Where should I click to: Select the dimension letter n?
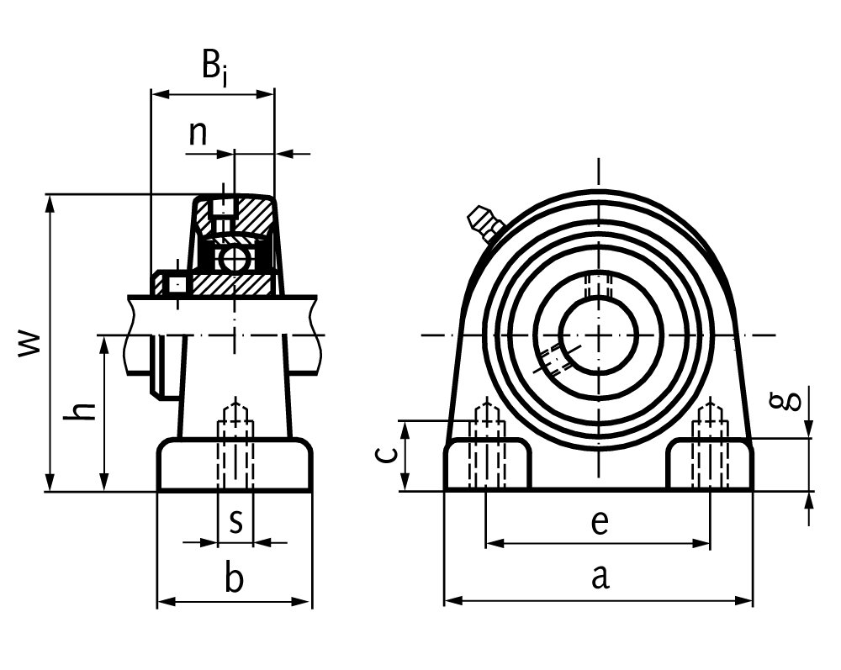tap(198, 134)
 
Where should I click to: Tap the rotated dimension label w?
tap(29, 342)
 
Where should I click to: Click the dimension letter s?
tap(236, 521)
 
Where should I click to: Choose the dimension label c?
tap(383, 455)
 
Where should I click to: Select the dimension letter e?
tap(598, 522)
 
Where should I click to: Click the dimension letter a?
tap(599, 578)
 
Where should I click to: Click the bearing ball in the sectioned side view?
tap(233, 258)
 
